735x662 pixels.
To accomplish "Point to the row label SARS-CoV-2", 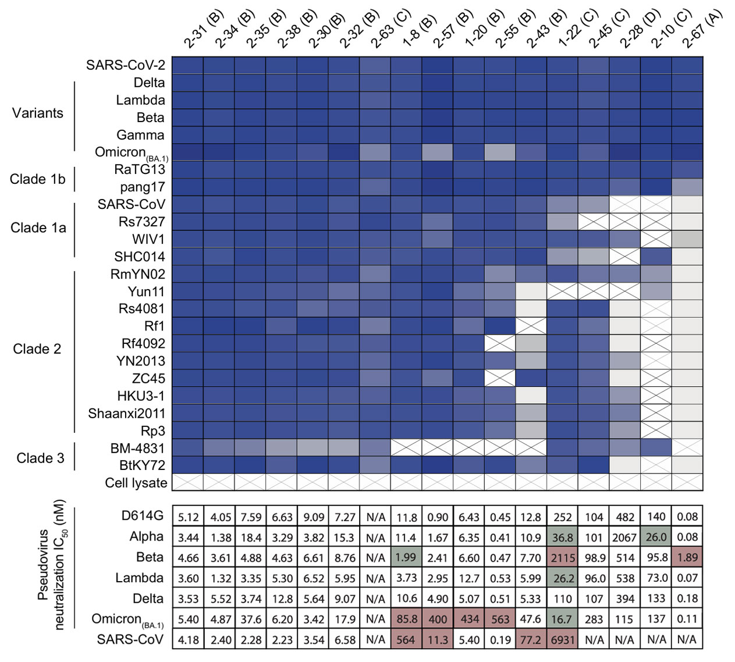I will pyautogui.click(x=125, y=65).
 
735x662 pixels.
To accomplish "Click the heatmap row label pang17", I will pyautogui.click(x=142, y=187).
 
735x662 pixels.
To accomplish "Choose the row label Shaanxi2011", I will pyautogui.click(x=126, y=414).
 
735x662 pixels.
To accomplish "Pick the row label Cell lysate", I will pyautogui.click(x=136, y=483).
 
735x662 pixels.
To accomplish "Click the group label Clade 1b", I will pyautogui.click(x=37, y=179).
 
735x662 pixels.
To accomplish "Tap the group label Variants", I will pyautogui.click(x=37, y=113).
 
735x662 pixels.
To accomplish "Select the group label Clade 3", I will pyautogui.click(x=40, y=458).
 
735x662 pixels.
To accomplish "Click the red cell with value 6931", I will pyautogui.click(x=563, y=640).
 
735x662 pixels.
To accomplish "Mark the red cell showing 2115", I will pyautogui.click(x=563, y=558).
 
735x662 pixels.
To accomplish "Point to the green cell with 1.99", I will pyautogui.click(x=406, y=558).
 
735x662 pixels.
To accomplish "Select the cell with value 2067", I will pyautogui.click(x=625, y=538).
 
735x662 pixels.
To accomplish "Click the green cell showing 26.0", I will pyautogui.click(x=656, y=538).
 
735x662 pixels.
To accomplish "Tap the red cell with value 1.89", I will pyautogui.click(x=687, y=558).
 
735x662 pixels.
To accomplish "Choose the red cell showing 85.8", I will pyautogui.click(x=406, y=620).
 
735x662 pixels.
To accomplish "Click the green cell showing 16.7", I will pyautogui.click(x=563, y=620).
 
